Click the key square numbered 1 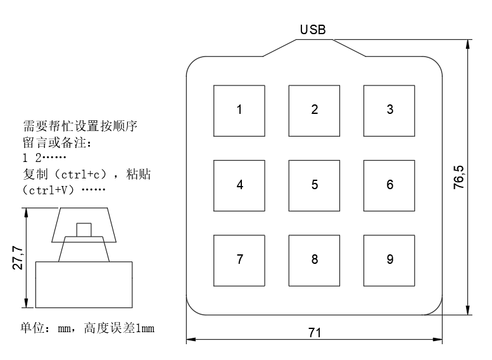(x=239, y=109)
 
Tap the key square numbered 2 (x=315, y=109)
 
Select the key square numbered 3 (x=389, y=109)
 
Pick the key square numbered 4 (x=239, y=185)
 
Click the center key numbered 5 (x=315, y=185)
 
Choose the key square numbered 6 (x=389, y=185)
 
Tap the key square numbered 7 (x=239, y=259)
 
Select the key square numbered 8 (x=315, y=259)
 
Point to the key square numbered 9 (x=389, y=259)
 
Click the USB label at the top (x=313, y=30)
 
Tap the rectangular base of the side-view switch (x=84, y=283)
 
